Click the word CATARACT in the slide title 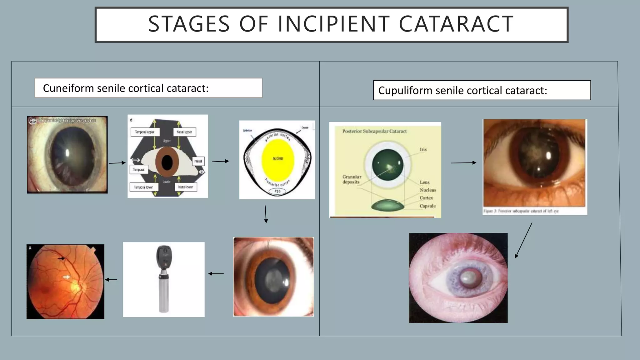click(456, 24)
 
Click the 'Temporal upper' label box click(145, 132)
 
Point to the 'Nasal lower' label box click(185, 187)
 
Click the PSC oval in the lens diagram click(277, 191)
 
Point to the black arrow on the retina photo click(61, 258)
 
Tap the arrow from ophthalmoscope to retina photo click(111, 280)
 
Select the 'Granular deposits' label click(352, 179)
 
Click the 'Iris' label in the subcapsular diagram click(423, 149)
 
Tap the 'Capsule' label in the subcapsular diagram click(427, 206)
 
